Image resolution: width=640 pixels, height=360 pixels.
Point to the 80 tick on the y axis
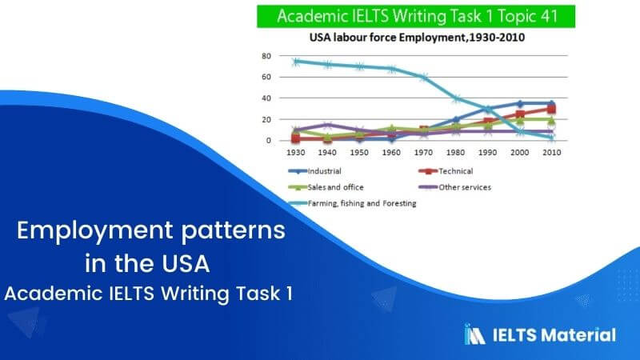pos(266,57)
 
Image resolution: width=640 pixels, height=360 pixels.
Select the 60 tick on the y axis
pos(266,78)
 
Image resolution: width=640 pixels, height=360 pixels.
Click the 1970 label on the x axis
pos(423,150)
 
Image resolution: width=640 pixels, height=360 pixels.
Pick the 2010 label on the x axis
pos(551,150)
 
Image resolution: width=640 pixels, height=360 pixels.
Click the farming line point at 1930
pos(295,62)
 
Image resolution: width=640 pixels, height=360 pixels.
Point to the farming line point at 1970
pos(423,78)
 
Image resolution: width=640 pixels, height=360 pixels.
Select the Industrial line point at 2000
pos(519,104)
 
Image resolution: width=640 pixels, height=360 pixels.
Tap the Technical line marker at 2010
pos(551,109)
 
